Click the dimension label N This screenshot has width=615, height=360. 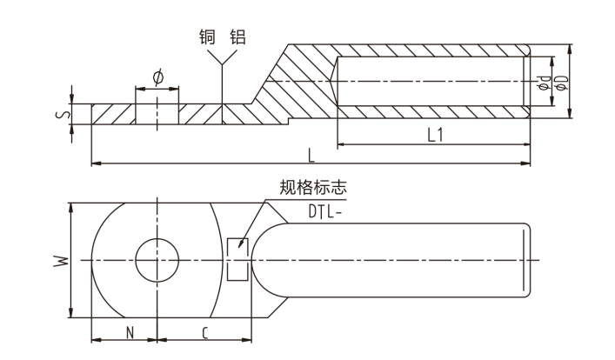pyautogui.click(x=129, y=331)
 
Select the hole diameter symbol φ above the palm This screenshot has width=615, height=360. pyautogui.click(x=157, y=77)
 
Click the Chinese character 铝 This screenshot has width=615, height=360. pyautogui.click(x=237, y=37)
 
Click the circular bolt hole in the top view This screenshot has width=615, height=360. pyautogui.click(x=157, y=259)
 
